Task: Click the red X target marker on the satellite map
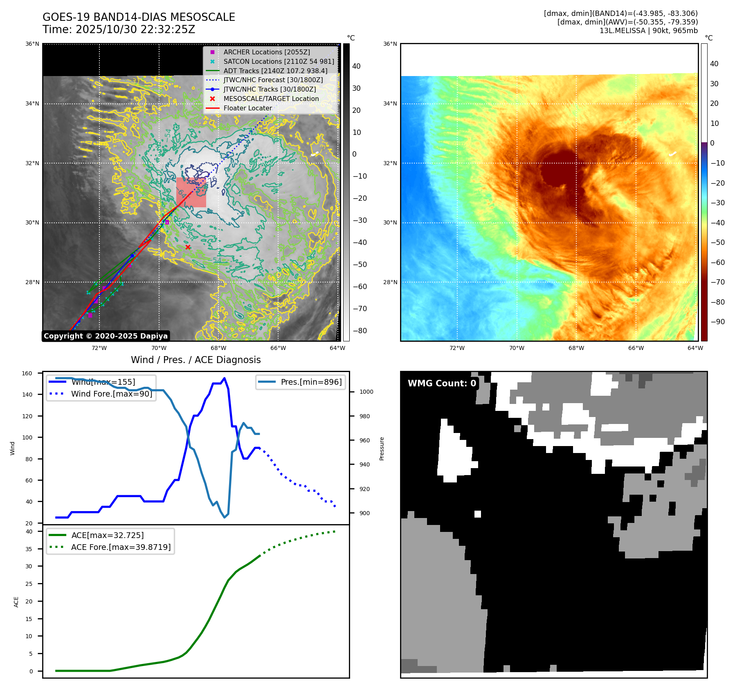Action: (x=188, y=247)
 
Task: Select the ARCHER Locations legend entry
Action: (x=266, y=52)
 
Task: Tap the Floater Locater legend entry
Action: (x=247, y=108)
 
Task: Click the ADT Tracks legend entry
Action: (x=275, y=71)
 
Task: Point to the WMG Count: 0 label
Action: (x=442, y=383)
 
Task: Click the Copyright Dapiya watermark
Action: (x=106, y=336)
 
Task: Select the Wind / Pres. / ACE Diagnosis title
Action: (x=196, y=360)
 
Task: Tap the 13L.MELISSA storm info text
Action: (x=648, y=31)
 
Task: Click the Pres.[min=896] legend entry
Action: (x=311, y=382)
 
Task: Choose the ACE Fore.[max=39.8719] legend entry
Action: (x=121, y=547)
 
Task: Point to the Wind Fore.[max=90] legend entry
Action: (x=111, y=394)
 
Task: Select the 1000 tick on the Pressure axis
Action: (x=366, y=392)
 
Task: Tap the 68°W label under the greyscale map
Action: (x=218, y=348)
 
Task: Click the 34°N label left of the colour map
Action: (x=390, y=103)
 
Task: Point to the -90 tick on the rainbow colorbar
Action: (x=717, y=322)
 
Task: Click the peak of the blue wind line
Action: (x=224, y=378)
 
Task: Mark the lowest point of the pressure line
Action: (x=224, y=518)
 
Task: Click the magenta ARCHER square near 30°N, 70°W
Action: (x=167, y=222)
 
